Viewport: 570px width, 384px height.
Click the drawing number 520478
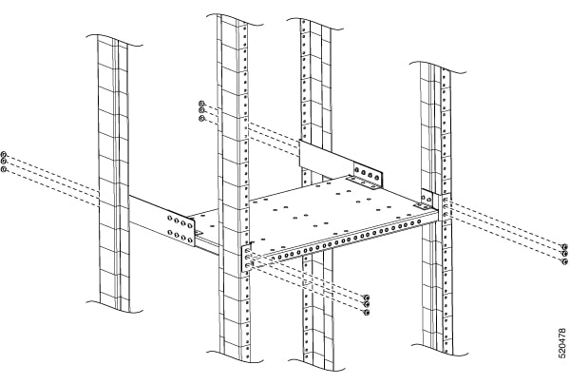(x=562, y=342)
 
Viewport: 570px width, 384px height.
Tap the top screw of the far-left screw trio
(x=5, y=154)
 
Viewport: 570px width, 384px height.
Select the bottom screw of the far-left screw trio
(x=5, y=169)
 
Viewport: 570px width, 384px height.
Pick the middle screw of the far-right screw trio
(x=564, y=254)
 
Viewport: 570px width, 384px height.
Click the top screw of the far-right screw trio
(x=564, y=246)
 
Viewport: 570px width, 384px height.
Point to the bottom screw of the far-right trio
(x=564, y=261)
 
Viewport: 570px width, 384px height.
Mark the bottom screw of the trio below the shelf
(x=367, y=312)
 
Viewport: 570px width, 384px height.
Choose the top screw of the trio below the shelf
(x=367, y=298)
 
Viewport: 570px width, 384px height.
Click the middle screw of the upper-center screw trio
(x=202, y=110)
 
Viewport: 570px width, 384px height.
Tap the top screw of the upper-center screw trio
(x=202, y=104)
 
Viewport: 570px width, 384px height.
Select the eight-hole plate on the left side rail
(x=180, y=229)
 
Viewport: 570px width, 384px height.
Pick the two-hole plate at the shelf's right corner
(x=427, y=198)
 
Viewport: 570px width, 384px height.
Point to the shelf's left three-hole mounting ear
(x=246, y=259)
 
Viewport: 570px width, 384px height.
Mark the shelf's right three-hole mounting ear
(x=445, y=207)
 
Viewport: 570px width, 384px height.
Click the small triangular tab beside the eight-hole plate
(x=199, y=232)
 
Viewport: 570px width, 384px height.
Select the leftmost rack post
(x=113, y=174)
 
